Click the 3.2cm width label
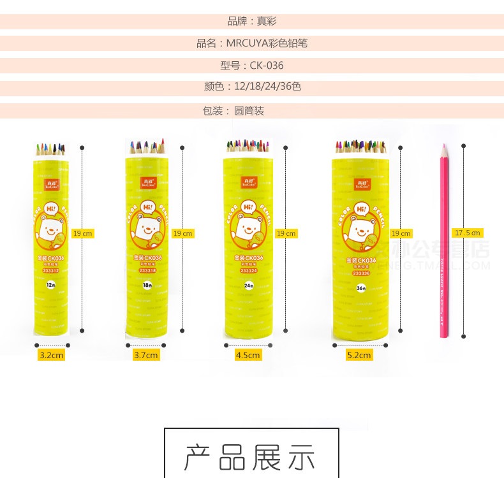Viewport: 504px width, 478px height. (x=51, y=355)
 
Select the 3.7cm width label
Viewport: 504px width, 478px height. (x=146, y=355)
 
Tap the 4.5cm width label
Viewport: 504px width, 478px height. (x=248, y=355)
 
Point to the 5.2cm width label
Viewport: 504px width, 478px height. (x=359, y=355)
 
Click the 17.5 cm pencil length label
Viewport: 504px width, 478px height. (x=467, y=233)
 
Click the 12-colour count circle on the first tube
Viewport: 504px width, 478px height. (x=50, y=286)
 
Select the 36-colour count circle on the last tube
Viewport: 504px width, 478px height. (x=361, y=288)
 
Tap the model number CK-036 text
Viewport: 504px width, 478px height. (x=252, y=66)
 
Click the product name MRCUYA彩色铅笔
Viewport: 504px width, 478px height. (x=252, y=43)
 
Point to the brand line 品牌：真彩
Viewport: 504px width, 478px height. (x=252, y=21)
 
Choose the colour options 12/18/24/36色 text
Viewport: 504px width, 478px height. (x=252, y=87)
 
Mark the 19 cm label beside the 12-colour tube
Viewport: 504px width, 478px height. (x=82, y=233)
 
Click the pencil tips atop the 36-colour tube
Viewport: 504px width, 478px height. (x=361, y=147)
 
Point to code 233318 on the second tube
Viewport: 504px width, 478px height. (x=147, y=270)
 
